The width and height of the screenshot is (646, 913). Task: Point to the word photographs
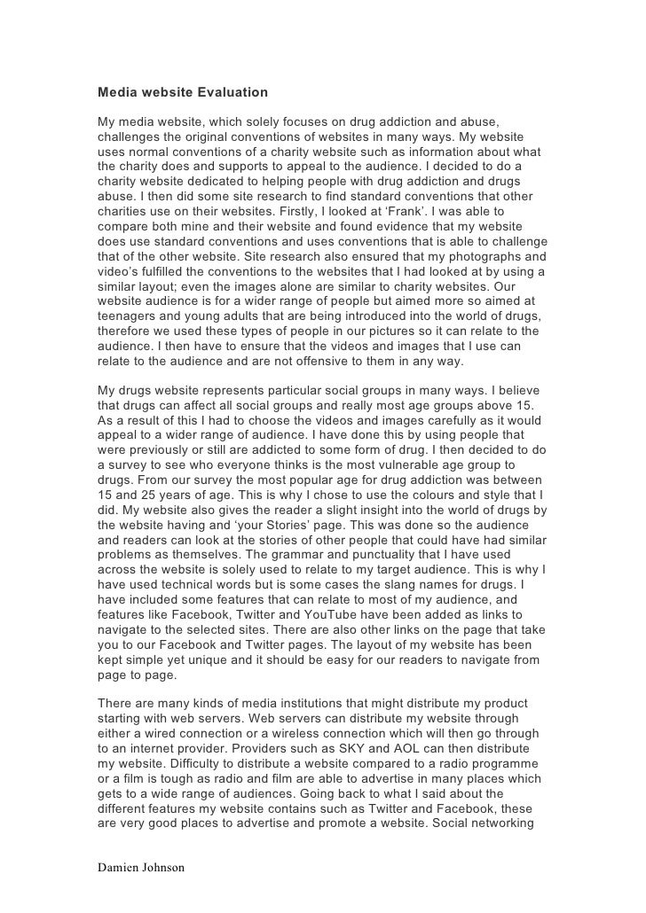[466, 257]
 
